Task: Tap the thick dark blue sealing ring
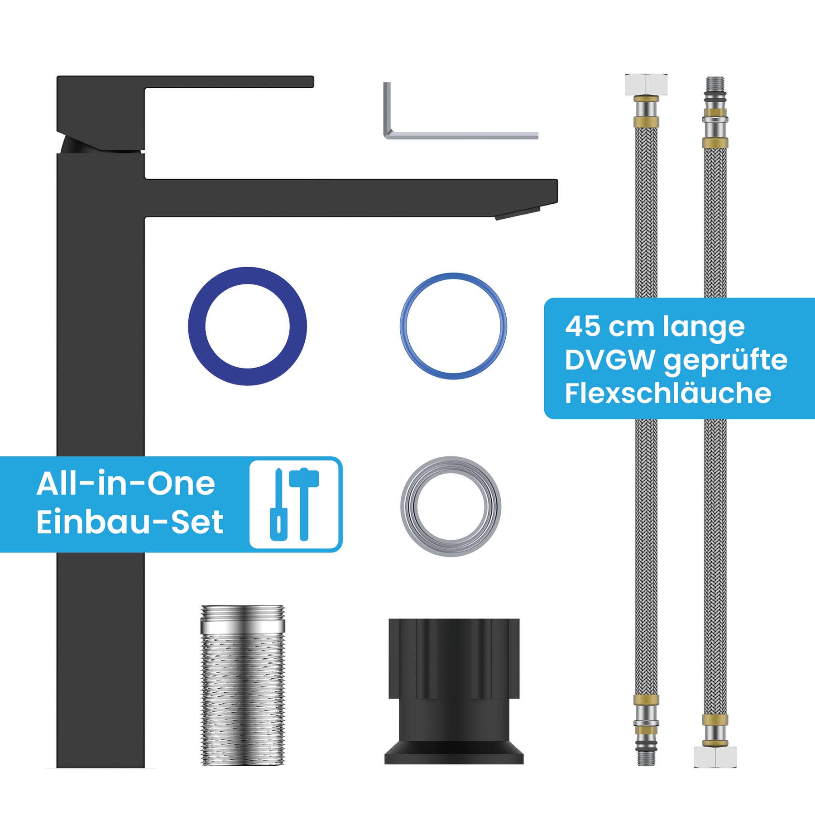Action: click(197, 326)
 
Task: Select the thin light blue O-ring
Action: click(403, 326)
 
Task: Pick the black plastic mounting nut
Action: click(454, 691)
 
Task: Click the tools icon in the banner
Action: click(296, 504)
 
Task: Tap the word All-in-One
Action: click(126, 484)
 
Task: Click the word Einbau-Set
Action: click(130, 522)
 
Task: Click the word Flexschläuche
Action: click(668, 393)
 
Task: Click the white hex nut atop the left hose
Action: click(646, 84)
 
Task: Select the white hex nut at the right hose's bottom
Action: click(715, 757)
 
